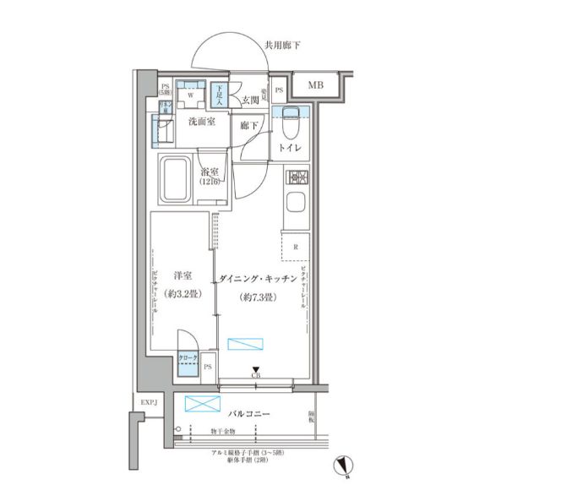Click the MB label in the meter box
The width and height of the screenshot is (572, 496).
[x=315, y=85]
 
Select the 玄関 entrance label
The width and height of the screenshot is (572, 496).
[x=249, y=101]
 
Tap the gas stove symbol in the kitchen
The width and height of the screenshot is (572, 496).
[x=297, y=177]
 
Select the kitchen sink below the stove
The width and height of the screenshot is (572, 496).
[x=296, y=203]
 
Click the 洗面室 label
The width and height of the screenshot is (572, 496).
[x=200, y=123]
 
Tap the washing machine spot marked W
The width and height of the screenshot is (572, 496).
[x=191, y=95]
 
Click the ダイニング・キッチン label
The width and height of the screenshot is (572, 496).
[x=258, y=279]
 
